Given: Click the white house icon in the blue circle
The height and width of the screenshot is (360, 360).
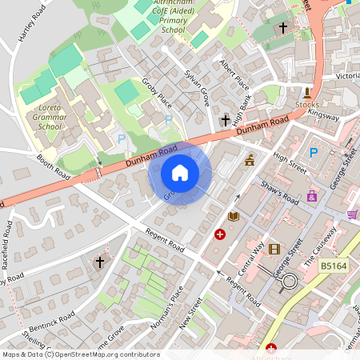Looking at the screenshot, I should [180, 173].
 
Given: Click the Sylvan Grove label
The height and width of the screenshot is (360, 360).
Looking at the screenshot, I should [197, 82].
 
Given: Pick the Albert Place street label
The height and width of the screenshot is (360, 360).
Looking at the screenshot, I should [234, 75].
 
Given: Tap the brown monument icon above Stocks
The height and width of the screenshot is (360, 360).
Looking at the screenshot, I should [307, 93].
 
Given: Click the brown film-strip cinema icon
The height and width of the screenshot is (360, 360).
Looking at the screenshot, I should [274, 250].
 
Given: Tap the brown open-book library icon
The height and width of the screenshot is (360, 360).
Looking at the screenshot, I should [234, 217].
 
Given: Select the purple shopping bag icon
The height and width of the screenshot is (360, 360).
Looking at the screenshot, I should [312, 195].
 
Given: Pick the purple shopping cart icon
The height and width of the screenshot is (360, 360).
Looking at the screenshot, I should [352, 214].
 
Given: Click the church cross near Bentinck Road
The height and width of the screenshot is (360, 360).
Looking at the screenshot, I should [100, 262].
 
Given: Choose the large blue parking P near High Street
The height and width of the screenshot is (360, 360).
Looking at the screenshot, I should [314, 153].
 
